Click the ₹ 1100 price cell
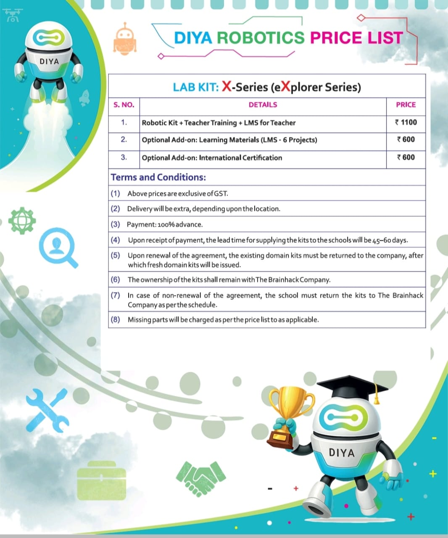pyautogui.click(x=406, y=122)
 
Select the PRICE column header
pyautogui.click(x=406, y=105)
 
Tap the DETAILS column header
pyautogui.click(x=263, y=105)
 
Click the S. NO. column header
pyautogui.click(x=124, y=105)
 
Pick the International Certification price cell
pyautogui.click(x=406, y=157)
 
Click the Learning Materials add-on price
pyautogui.click(x=406, y=140)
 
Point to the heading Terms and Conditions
pyautogui.click(x=158, y=177)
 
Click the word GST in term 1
pyautogui.click(x=221, y=194)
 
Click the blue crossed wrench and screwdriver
pyautogui.click(x=48, y=410)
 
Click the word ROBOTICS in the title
pyautogui.click(x=261, y=38)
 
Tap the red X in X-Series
pyautogui.click(x=227, y=87)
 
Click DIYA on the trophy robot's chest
pyautogui.click(x=342, y=453)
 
